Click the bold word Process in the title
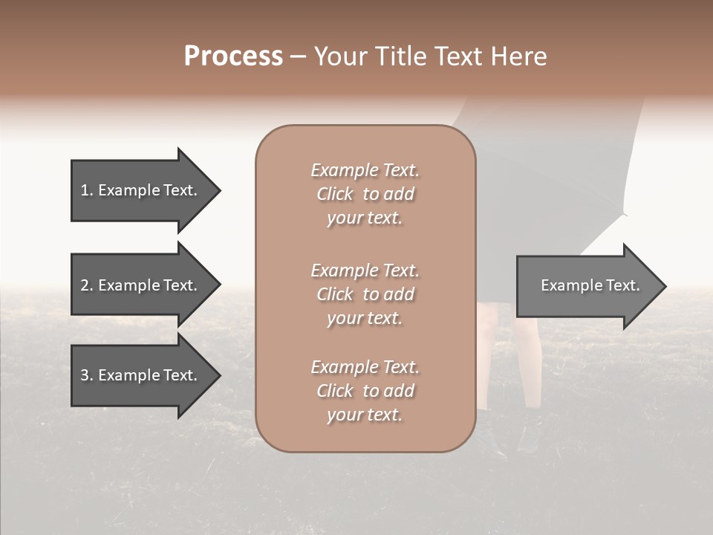[233, 56]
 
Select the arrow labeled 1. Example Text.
[141, 190]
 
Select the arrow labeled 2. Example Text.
[141, 285]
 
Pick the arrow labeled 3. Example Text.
[141, 375]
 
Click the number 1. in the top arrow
[86, 190]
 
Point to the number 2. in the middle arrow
[86, 285]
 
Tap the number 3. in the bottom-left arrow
[86, 375]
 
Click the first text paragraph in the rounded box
[365, 194]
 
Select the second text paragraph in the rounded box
[365, 294]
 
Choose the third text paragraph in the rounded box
[365, 391]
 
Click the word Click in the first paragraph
[335, 194]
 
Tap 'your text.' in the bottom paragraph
[365, 415]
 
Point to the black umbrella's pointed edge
[625, 215]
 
